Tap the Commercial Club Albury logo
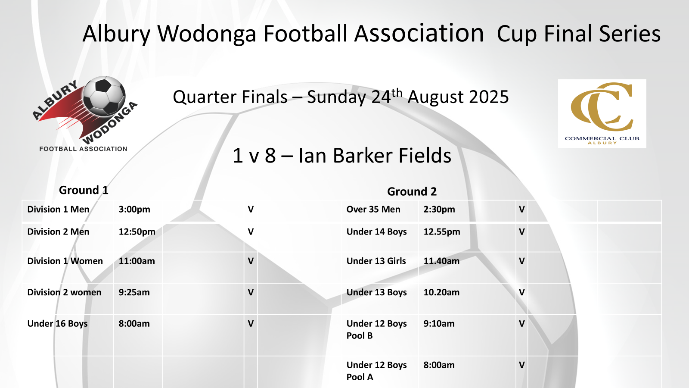pyautogui.click(x=602, y=114)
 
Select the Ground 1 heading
pyautogui.click(x=84, y=190)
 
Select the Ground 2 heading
pyautogui.click(x=412, y=191)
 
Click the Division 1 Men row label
pyautogui.click(x=59, y=210)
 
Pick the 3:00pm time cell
pyautogui.click(x=134, y=210)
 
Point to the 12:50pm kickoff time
pyautogui.click(x=137, y=232)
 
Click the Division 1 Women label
pyautogui.click(x=65, y=261)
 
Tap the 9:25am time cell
pyautogui.click(x=134, y=292)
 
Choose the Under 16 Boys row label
pyautogui.click(x=58, y=324)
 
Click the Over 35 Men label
pyautogui.click(x=373, y=210)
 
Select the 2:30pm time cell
pyautogui.click(x=439, y=210)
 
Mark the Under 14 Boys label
pyautogui.click(x=376, y=232)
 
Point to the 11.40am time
pyautogui.click(x=441, y=261)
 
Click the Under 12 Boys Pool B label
pyautogui.click(x=376, y=329)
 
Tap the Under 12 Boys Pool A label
pyautogui.click(x=376, y=371)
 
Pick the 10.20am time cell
pyautogui.click(x=441, y=292)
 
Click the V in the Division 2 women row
pyautogui.click(x=251, y=292)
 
